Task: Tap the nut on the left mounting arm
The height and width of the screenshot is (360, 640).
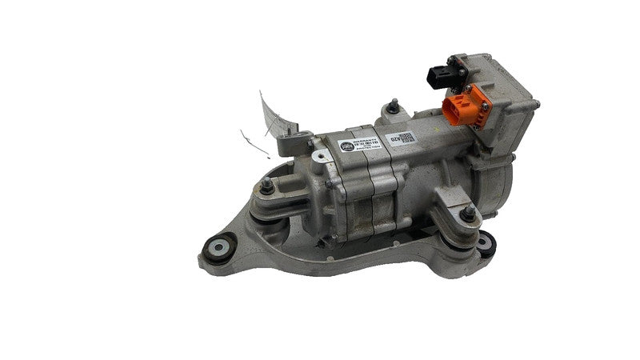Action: [x=266, y=189]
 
